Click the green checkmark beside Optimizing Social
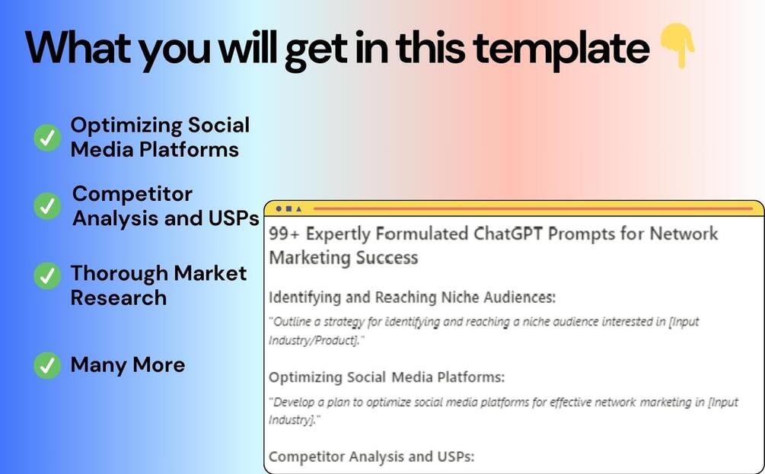[x=47, y=138]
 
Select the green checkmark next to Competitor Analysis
[x=47, y=205]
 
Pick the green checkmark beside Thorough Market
[x=47, y=276]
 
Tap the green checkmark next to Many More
[x=47, y=366]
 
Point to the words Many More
[x=128, y=364]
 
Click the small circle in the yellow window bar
[x=279, y=208]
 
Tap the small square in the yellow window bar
[x=288, y=208]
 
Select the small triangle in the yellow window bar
[x=299, y=208]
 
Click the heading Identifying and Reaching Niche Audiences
[x=412, y=297]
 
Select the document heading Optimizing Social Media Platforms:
[x=387, y=377]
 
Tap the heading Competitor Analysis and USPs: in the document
[x=371, y=457]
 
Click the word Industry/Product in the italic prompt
[x=314, y=340]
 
